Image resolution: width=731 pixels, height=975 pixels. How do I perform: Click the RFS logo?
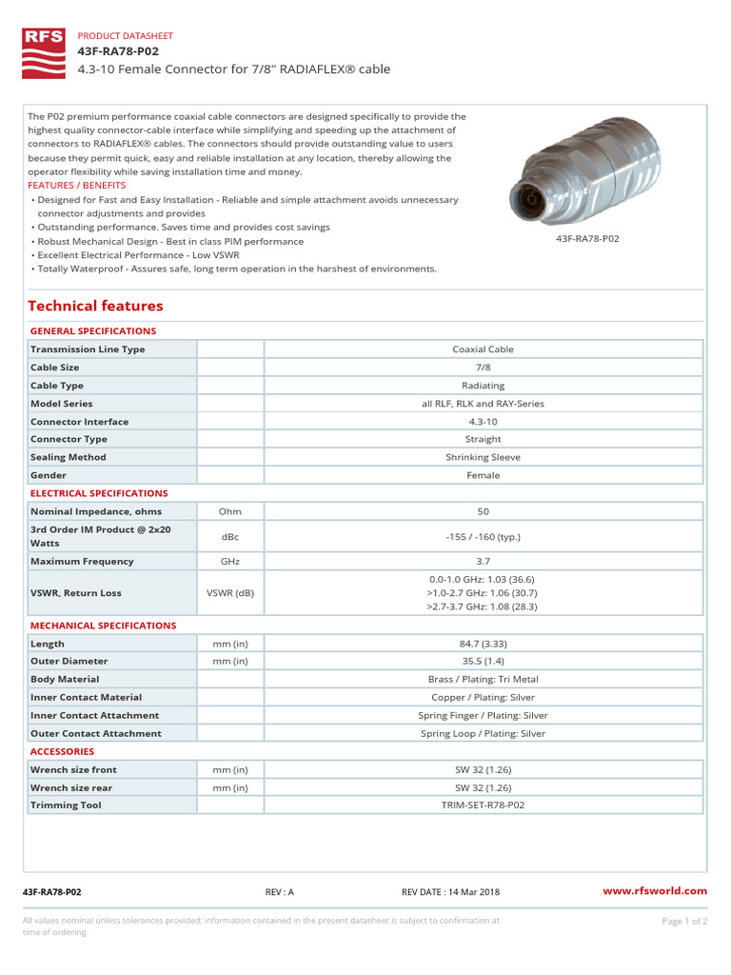(45, 53)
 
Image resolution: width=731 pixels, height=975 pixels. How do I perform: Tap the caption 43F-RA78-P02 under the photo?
(587, 239)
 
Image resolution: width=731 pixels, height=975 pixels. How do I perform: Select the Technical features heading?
(95, 306)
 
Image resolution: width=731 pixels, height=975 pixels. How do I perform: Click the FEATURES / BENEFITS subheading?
(77, 185)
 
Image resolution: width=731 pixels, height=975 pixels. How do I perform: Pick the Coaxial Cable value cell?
(483, 349)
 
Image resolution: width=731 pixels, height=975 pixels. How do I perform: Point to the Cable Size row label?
(55, 368)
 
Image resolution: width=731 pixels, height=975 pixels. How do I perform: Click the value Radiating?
(483, 386)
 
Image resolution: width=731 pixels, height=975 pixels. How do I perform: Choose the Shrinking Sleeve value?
(483, 457)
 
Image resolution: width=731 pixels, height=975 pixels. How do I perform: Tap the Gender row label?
(49, 475)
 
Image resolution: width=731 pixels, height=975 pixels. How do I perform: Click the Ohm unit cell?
(229, 511)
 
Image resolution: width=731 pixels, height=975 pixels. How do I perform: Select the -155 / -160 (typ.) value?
(483, 536)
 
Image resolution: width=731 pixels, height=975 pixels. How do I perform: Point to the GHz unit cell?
(229, 562)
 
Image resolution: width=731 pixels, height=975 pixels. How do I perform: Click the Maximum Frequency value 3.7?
(483, 562)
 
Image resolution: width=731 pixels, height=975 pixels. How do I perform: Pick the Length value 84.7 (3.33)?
(483, 644)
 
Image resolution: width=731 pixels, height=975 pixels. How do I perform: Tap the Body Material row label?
(65, 680)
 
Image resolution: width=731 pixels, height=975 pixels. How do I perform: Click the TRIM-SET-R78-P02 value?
(483, 806)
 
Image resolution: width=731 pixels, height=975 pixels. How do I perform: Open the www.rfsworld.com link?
(656, 891)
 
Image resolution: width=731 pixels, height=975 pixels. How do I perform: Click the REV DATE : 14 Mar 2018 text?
(450, 892)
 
